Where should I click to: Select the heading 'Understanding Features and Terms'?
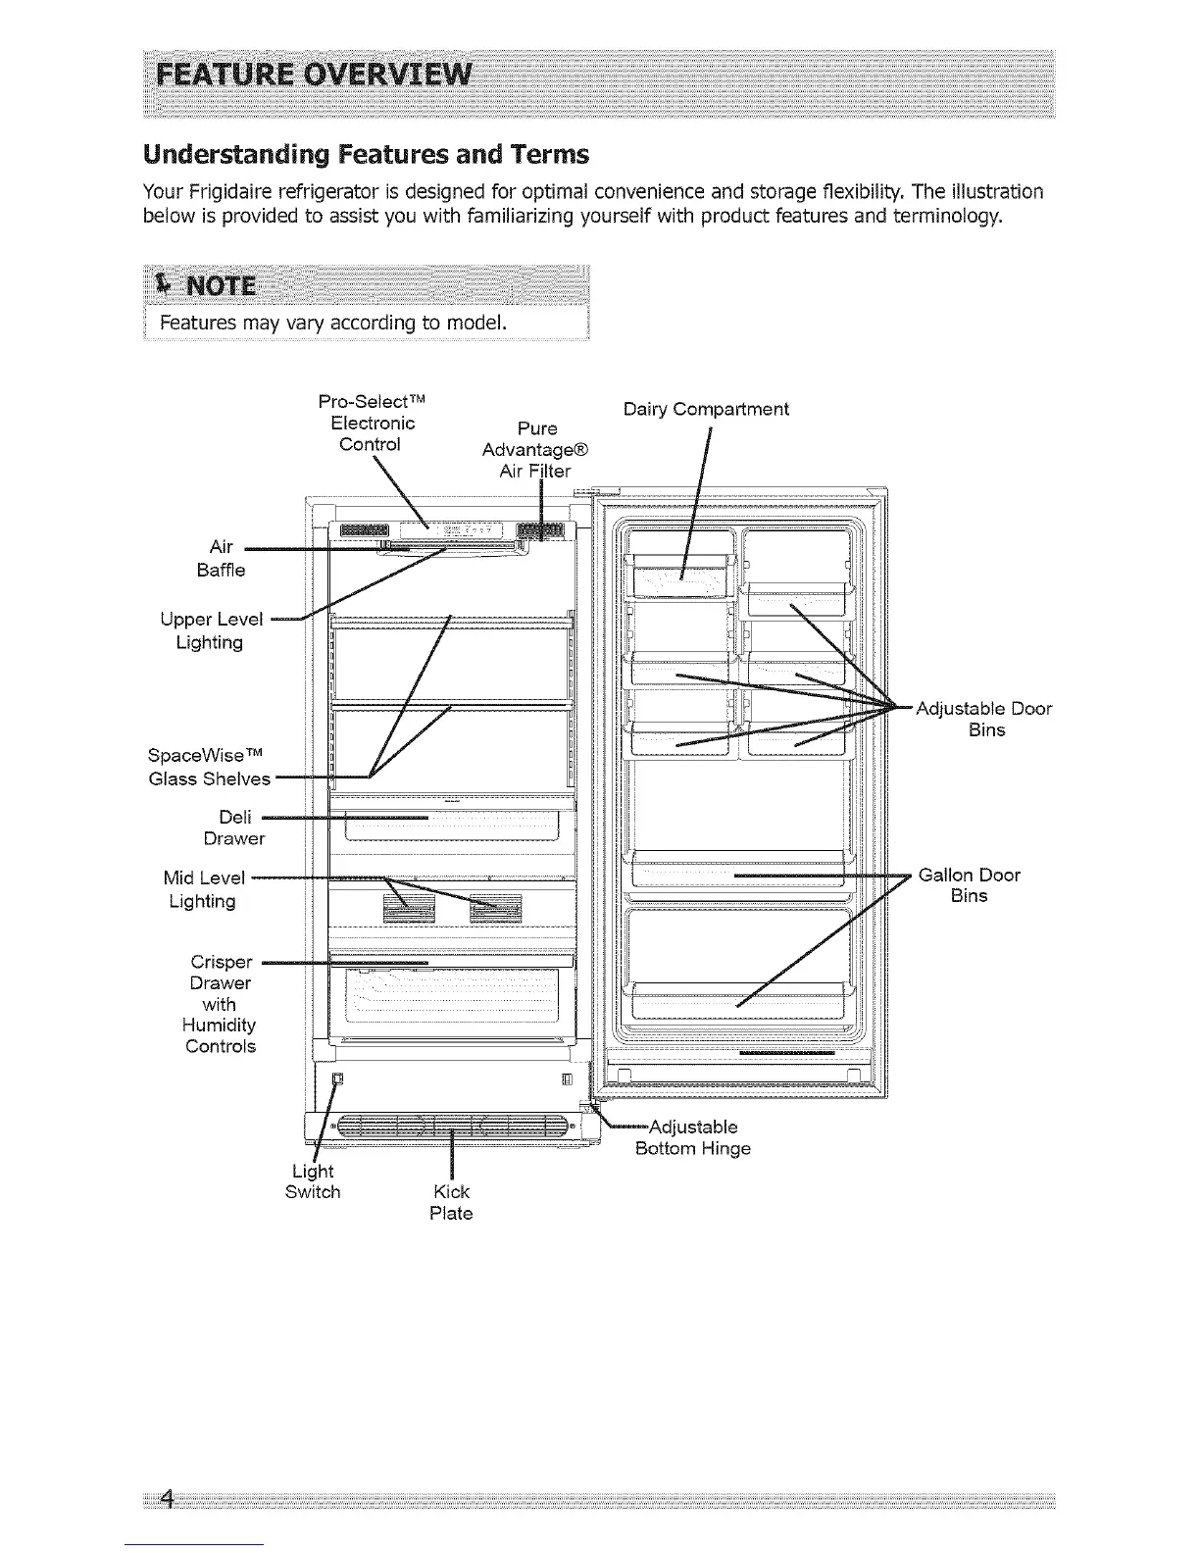pos(366,155)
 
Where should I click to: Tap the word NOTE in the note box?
pos(221,286)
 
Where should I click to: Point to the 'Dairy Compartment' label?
pos(706,409)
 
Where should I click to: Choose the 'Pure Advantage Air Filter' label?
pos(535,450)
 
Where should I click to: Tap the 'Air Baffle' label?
pos(221,558)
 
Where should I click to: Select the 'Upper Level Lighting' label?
pos(211,630)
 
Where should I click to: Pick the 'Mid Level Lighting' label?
pos(203,889)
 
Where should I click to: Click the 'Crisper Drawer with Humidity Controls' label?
pos(221,1003)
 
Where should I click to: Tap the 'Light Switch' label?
pos(313,1181)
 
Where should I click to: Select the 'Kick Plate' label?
pos(451,1202)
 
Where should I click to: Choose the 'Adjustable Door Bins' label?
pos(983,719)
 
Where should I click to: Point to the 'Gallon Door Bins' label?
pos(970,885)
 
